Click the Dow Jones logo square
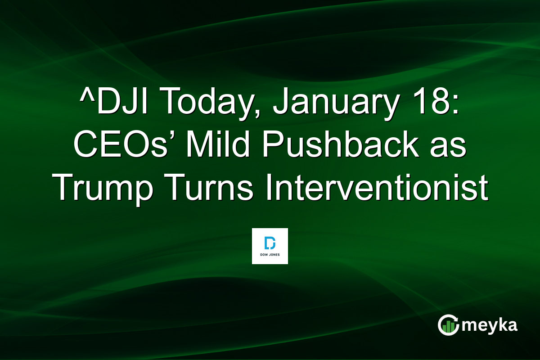270,246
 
